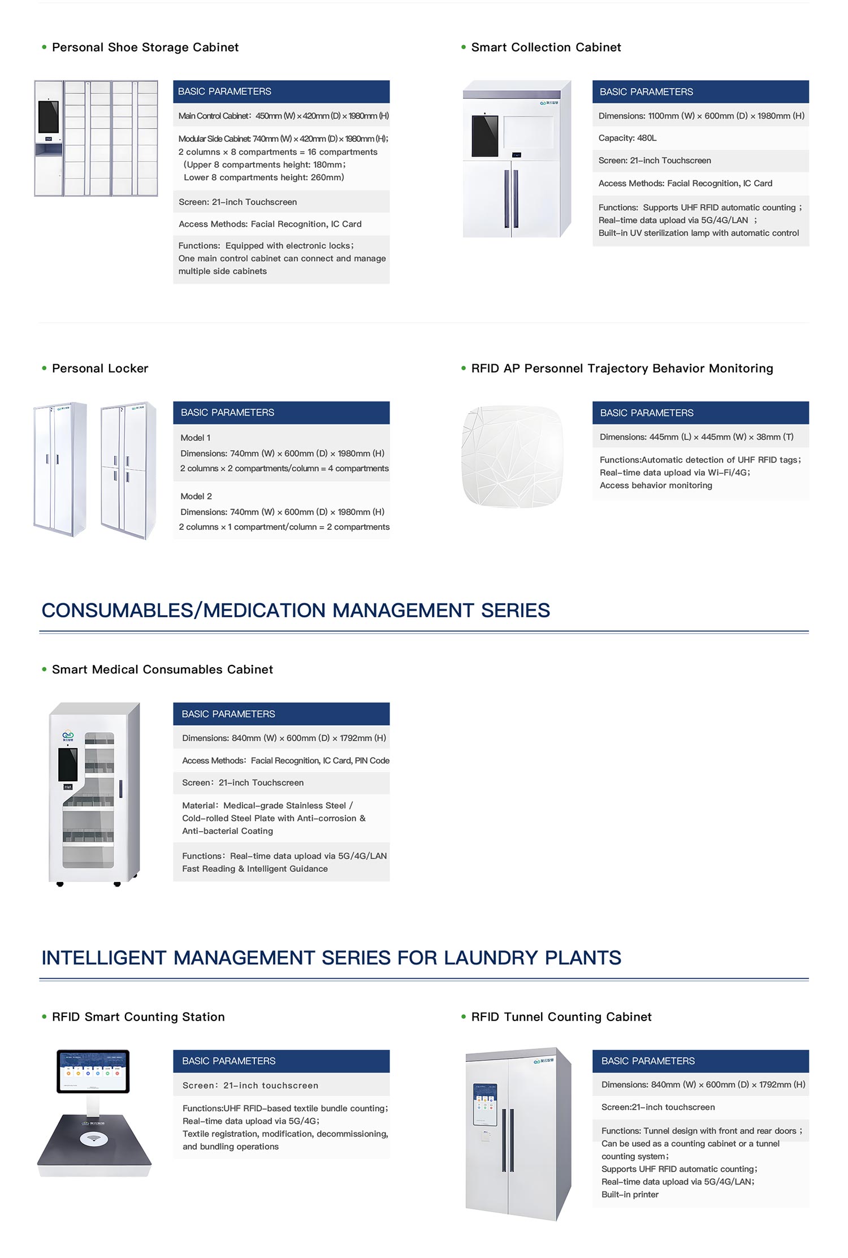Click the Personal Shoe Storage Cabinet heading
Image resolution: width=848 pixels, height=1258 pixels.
click(145, 47)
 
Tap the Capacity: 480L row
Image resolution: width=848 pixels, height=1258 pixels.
click(628, 138)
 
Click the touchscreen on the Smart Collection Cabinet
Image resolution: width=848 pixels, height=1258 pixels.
click(485, 136)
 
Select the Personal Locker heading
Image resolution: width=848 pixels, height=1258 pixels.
click(99, 369)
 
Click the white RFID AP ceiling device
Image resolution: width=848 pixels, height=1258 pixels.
click(513, 456)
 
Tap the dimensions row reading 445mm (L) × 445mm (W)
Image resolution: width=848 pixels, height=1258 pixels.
click(696, 437)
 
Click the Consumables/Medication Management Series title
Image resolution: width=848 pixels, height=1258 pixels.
click(296, 611)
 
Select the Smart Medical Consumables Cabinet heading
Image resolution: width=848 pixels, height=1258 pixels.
click(162, 669)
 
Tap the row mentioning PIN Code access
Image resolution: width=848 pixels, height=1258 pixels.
click(285, 760)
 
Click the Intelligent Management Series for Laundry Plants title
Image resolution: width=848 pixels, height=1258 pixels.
click(331, 958)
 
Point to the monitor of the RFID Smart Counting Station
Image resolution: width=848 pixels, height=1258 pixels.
click(93, 1071)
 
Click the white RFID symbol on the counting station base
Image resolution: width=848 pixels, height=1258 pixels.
click(94, 1139)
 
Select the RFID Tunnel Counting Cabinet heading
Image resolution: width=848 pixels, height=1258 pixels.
click(561, 1017)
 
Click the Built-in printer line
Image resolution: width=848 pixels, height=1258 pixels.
click(630, 1195)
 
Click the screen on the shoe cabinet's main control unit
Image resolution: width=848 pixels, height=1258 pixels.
click(49, 116)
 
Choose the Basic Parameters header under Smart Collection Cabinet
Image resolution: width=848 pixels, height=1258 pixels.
click(700, 92)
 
